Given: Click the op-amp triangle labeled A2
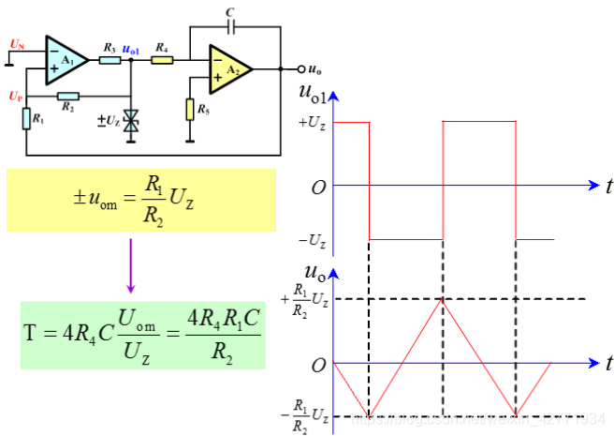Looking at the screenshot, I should click(228, 68).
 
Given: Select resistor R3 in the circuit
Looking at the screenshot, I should click(110, 59).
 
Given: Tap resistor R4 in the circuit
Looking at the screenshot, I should click(162, 59).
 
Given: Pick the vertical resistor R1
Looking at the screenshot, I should click(25, 118).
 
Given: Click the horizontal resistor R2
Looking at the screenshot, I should click(68, 95).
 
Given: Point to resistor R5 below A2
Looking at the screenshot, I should click(191, 110).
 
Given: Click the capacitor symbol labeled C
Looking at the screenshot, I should click(231, 25).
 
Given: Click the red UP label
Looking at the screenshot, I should click(15, 97).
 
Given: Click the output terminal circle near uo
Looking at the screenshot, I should click(300, 68).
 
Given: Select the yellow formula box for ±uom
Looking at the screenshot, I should click(141, 200).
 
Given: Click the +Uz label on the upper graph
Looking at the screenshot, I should click(312, 122).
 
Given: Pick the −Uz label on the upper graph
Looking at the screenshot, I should click(312, 240).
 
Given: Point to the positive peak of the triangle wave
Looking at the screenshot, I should click(442, 298).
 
